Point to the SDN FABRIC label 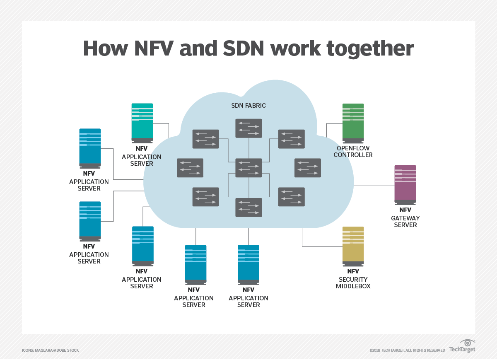pyautogui.click(x=248, y=106)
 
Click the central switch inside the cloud pyautogui.click(x=248, y=168)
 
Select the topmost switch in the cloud pyautogui.click(x=248, y=128)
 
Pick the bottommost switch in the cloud pyautogui.click(x=248, y=207)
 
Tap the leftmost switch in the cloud pyautogui.click(x=190, y=168)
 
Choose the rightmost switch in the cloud pyautogui.click(x=308, y=168)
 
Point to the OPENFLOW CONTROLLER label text pyautogui.click(x=353, y=152)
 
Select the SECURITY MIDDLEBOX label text pyautogui.click(x=353, y=283)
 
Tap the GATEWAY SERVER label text pyautogui.click(x=405, y=222)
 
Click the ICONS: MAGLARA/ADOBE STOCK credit pyautogui.click(x=50, y=350)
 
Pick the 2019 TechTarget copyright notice pyautogui.click(x=407, y=350)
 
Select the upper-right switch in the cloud pyautogui.click(x=291, y=139)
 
